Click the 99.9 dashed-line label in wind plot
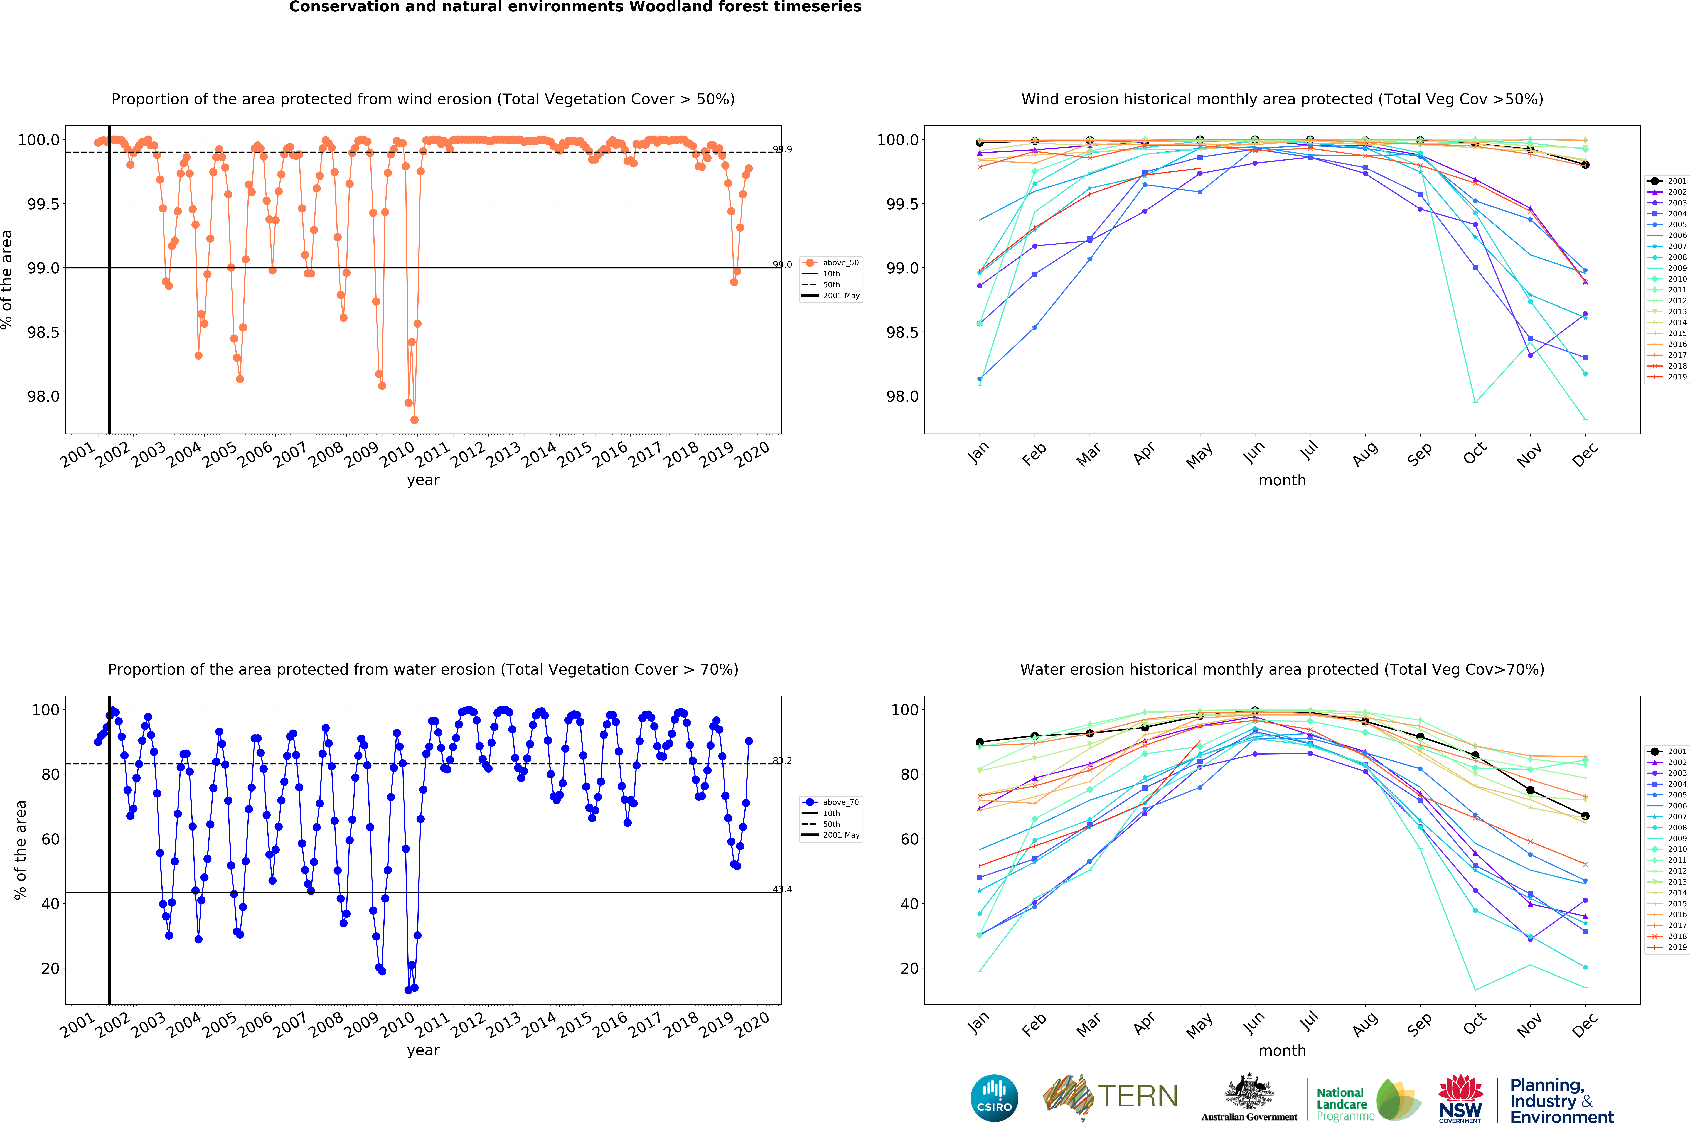point(783,149)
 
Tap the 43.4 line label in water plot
point(783,889)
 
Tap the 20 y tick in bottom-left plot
point(51,968)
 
